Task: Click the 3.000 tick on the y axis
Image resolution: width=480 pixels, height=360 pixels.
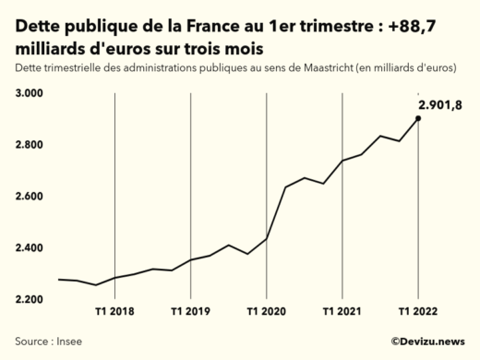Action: [30, 93]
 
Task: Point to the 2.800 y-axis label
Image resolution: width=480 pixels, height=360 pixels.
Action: [30, 145]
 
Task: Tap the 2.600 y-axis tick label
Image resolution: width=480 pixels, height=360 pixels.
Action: [30, 197]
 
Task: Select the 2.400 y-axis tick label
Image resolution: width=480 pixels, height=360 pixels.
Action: [30, 248]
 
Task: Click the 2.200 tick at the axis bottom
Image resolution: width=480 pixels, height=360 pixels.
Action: [30, 300]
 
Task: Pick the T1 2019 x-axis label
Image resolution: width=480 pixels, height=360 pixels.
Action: [190, 312]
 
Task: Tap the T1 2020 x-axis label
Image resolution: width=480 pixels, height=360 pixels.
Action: [266, 312]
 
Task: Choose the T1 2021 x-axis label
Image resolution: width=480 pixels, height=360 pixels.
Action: [342, 312]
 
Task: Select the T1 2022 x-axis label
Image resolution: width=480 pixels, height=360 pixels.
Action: [418, 312]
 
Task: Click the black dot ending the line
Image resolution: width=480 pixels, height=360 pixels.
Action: [418, 118]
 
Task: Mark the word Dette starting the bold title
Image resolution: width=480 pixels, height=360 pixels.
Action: [41, 27]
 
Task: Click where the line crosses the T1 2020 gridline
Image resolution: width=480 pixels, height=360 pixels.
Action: [266, 239]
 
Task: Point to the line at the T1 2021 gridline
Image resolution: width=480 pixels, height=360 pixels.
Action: [342, 161]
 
